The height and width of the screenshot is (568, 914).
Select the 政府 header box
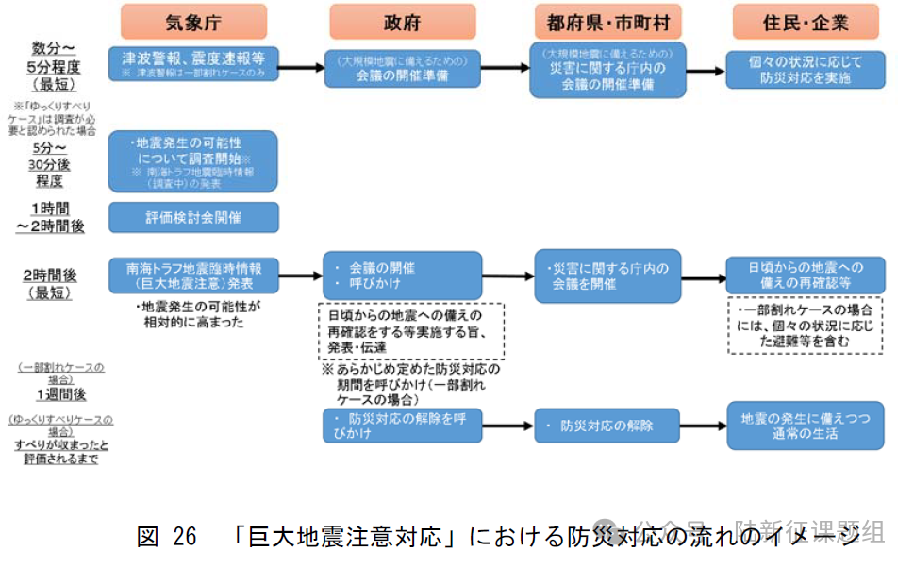click(x=403, y=22)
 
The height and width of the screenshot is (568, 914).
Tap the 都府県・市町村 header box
click(x=607, y=22)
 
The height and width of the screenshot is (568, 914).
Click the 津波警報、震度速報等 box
click(x=194, y=64)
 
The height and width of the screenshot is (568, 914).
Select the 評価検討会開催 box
click(x=194, y=217)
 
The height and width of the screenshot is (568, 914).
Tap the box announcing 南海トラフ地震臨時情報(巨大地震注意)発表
click(x=194, y=276)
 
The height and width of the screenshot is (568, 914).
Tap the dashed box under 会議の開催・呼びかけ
click(x=410, y=330)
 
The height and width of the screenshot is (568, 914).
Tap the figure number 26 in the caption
click(x=184, y=537)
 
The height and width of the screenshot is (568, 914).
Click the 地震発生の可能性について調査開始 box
click(x=194, y=160)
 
